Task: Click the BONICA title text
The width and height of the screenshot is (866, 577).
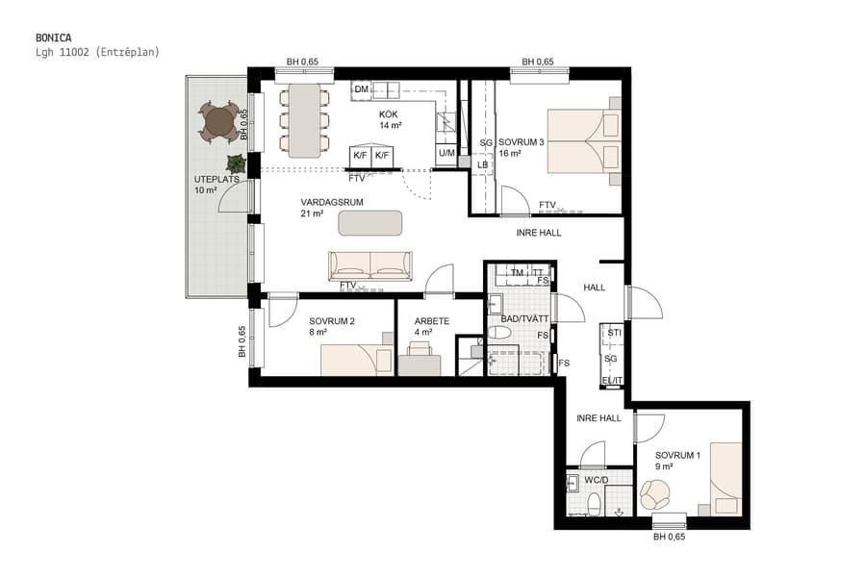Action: click(53, 38)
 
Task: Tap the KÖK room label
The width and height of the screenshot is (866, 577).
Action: click(389, 114)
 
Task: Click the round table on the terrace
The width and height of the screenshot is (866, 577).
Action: click(219, 121)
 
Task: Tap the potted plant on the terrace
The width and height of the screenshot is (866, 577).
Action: click(235, 163)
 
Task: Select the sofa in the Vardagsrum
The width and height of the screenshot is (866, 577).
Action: click(370, 265)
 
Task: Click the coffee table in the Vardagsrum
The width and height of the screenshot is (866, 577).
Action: click(370, 222)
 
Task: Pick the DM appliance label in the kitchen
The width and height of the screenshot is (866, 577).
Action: click(362, 90)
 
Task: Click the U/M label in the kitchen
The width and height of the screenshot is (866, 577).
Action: click(446, 154)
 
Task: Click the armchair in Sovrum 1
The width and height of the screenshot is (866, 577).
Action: click(655, 495)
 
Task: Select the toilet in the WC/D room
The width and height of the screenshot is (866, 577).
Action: click(594, 503)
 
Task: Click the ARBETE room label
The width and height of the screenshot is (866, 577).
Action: click(430, 321)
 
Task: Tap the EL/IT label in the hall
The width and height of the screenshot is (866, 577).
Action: click(611, 381)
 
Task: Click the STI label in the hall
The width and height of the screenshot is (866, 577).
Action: click(613, 334)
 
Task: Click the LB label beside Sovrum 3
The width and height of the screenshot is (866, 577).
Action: click(482, 164)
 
